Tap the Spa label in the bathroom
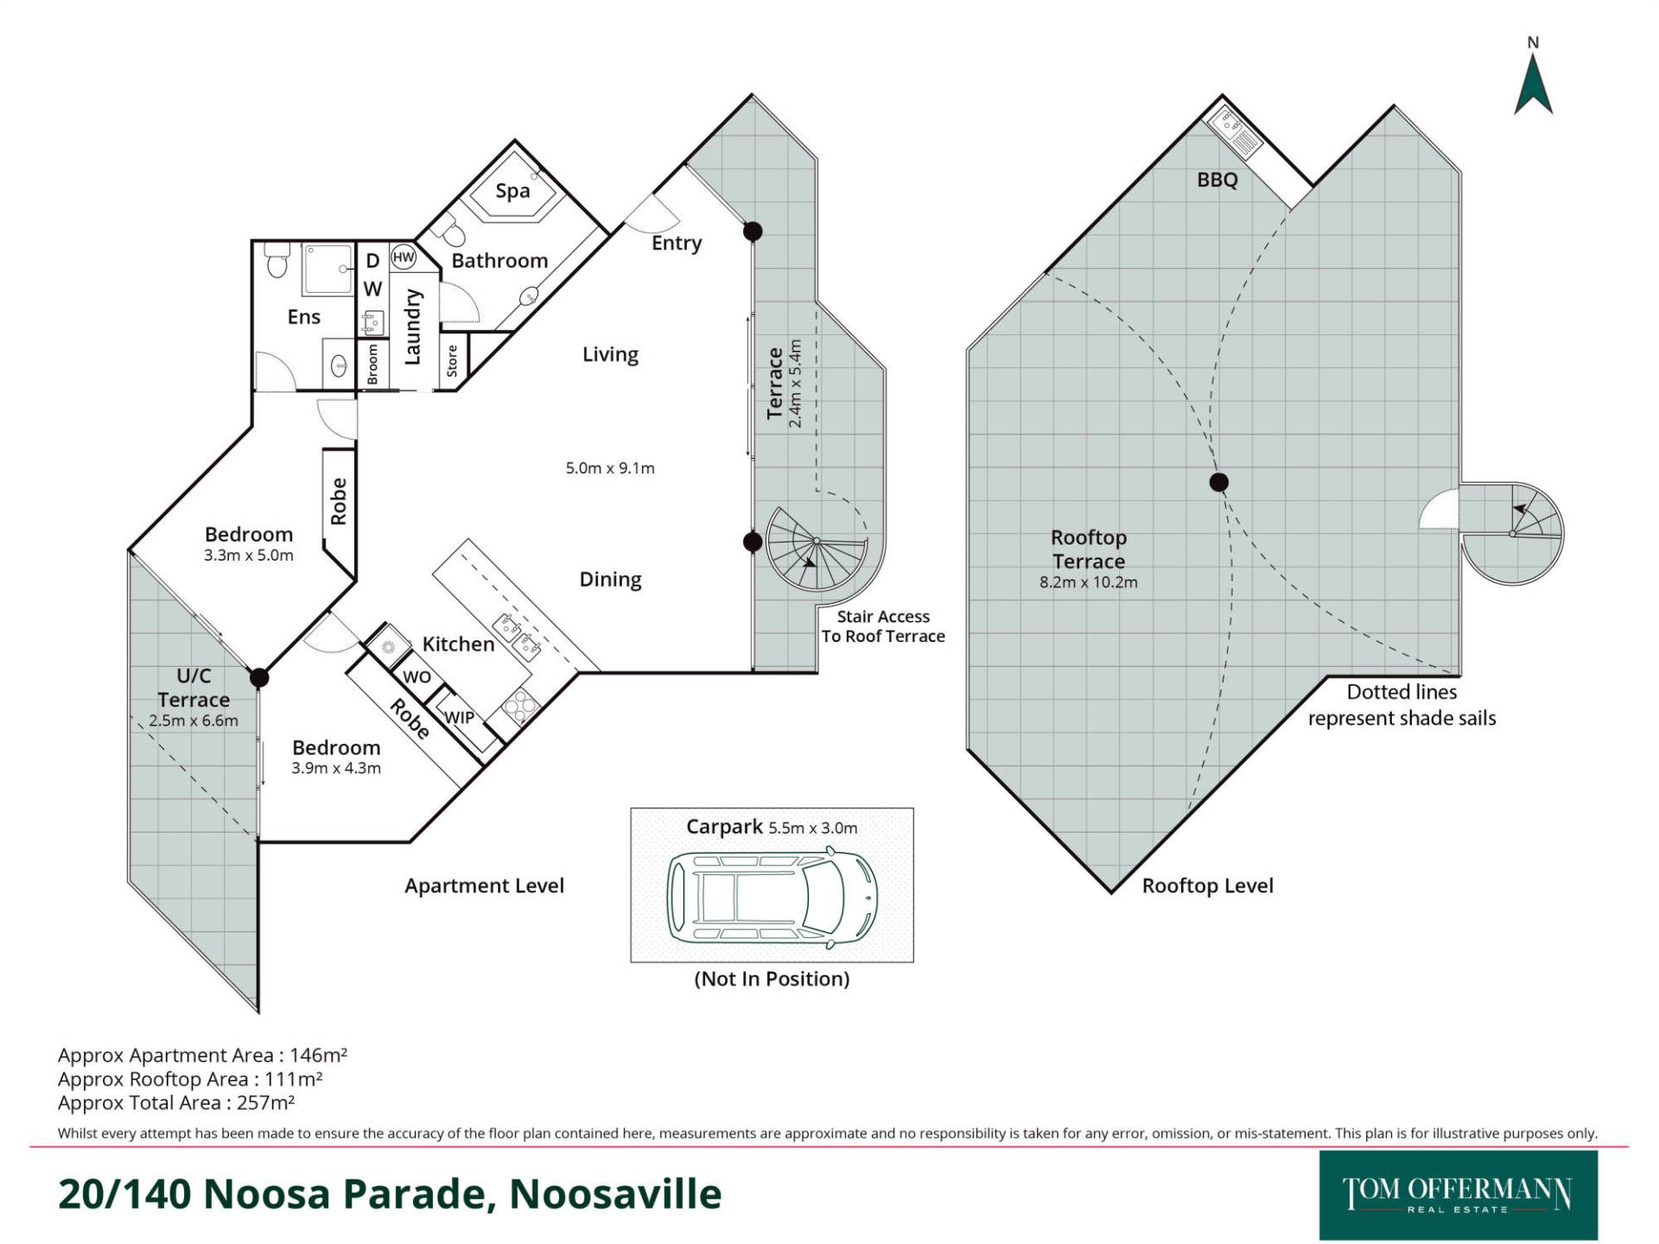click(x=512, y=191)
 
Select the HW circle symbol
click(x=404, y=257)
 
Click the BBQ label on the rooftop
click(x=1217, y=180)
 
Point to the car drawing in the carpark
click(x=772, y=894)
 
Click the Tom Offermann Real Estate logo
click(x=1458, y=1195)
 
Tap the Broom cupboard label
click(x=372, y=364)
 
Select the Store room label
click(x=452, y=361)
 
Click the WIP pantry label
click(x=459, y=717)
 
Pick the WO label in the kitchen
click(x=416, y=676)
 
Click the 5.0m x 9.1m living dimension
click(x=610, y=468)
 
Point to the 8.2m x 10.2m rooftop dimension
click(x=1089, y=582)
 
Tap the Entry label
click(x=677, y=244)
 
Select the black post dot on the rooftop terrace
click(x=1218, y=482)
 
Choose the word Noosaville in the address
click(x=615, y=1194)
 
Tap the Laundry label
click(x=412, y=327)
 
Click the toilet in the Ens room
click(x=276, y=259)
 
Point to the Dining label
click(x=610, y=580)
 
